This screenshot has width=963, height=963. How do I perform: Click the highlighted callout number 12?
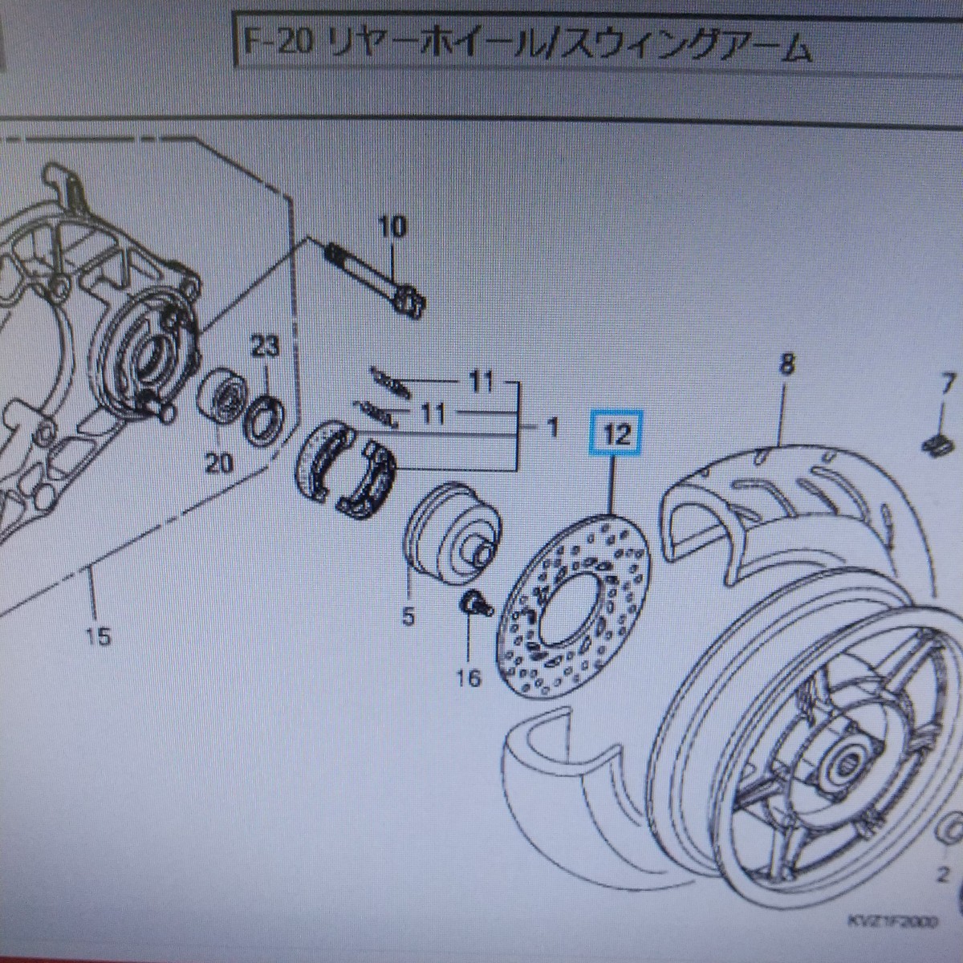click(x=616, y=438)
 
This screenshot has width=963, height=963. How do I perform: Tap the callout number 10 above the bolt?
click(x=392, y=228)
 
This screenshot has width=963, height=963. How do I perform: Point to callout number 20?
click(x=222, y=464)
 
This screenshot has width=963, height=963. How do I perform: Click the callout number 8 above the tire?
click(x=786, y=365)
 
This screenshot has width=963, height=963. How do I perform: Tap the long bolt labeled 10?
click(x=374, y=277)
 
